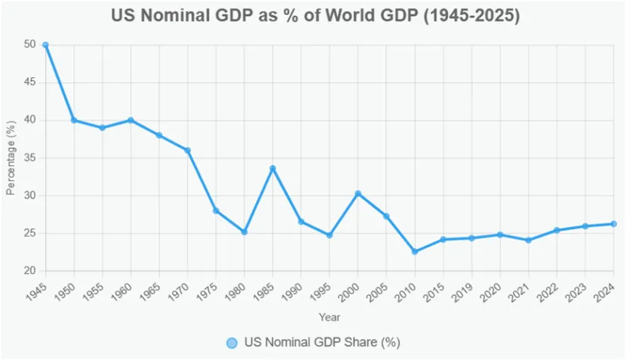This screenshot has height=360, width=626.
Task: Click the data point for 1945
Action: click(45, 45)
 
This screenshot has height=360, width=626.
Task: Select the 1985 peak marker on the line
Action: click(272, 168)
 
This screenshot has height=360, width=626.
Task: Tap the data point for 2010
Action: click(415, 251)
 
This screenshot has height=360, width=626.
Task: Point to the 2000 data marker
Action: click(357, 193)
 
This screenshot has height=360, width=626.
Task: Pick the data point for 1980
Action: click(244, 232)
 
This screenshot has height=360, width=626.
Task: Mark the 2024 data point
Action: click(614, 223)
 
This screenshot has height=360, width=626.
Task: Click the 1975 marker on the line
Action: click(216, 211)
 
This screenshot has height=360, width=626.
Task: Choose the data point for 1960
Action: click(130, 120)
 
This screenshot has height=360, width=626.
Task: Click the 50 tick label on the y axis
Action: click(29, 45)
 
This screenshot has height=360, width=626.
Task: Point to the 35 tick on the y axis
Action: click(29, 158)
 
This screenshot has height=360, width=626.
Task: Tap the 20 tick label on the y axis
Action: click(29, 271)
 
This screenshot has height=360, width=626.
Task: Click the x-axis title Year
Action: click(329, 317)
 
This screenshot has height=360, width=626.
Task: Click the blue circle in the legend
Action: click(232, 343)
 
